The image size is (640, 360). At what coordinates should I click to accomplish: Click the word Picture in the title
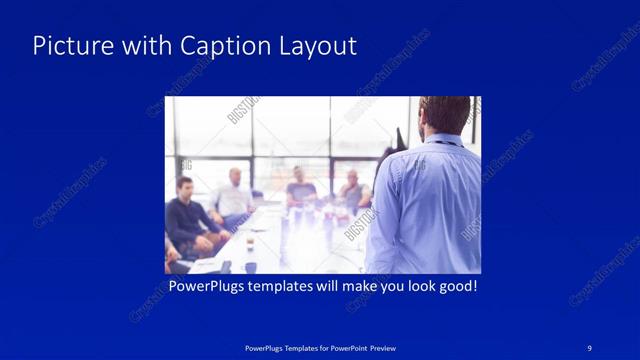coord(69,46)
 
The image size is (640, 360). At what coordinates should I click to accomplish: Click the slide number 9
coord(590,346)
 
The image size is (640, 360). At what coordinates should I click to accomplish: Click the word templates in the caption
coord(290,287)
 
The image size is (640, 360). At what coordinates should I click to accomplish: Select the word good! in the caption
coord(454,287)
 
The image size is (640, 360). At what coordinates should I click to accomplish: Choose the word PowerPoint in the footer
coord(342,347)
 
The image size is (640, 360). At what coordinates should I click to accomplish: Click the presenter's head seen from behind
coord(443,114)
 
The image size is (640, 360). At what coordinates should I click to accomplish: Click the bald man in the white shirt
coord(233,195)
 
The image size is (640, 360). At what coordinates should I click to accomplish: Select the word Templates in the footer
coord(288,347)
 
